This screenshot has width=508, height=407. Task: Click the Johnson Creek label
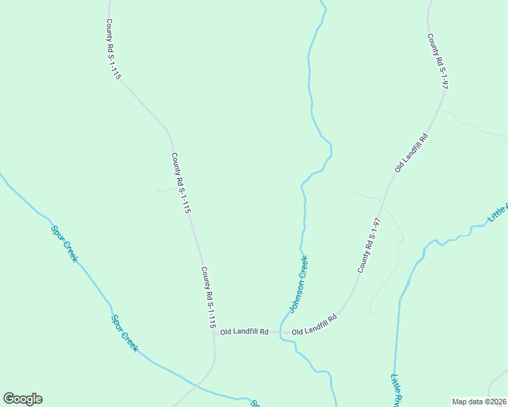point(299,284)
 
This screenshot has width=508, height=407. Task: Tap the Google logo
point(22,399)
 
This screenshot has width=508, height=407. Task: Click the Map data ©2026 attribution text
point(479,402)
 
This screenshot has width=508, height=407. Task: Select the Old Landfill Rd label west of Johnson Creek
point(244,332)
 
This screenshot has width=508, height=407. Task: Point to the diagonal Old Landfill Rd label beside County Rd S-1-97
point(412,153)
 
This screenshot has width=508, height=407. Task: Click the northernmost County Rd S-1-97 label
point(438,62)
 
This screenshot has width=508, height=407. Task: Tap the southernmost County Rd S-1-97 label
point(369,246)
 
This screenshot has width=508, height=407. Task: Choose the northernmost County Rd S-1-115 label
point(113,49)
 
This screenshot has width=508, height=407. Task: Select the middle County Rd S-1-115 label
point(181,184)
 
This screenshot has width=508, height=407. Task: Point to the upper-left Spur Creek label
point(65,243)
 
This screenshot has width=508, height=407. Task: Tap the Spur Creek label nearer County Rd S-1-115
point(125,334)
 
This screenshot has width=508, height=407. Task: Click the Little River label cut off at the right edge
point(498,214)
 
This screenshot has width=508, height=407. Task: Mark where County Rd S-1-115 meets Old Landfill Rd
point(214,333)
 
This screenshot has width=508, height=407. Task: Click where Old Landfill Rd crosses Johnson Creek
point(280,333)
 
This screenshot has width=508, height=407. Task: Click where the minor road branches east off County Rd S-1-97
point(439,109)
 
